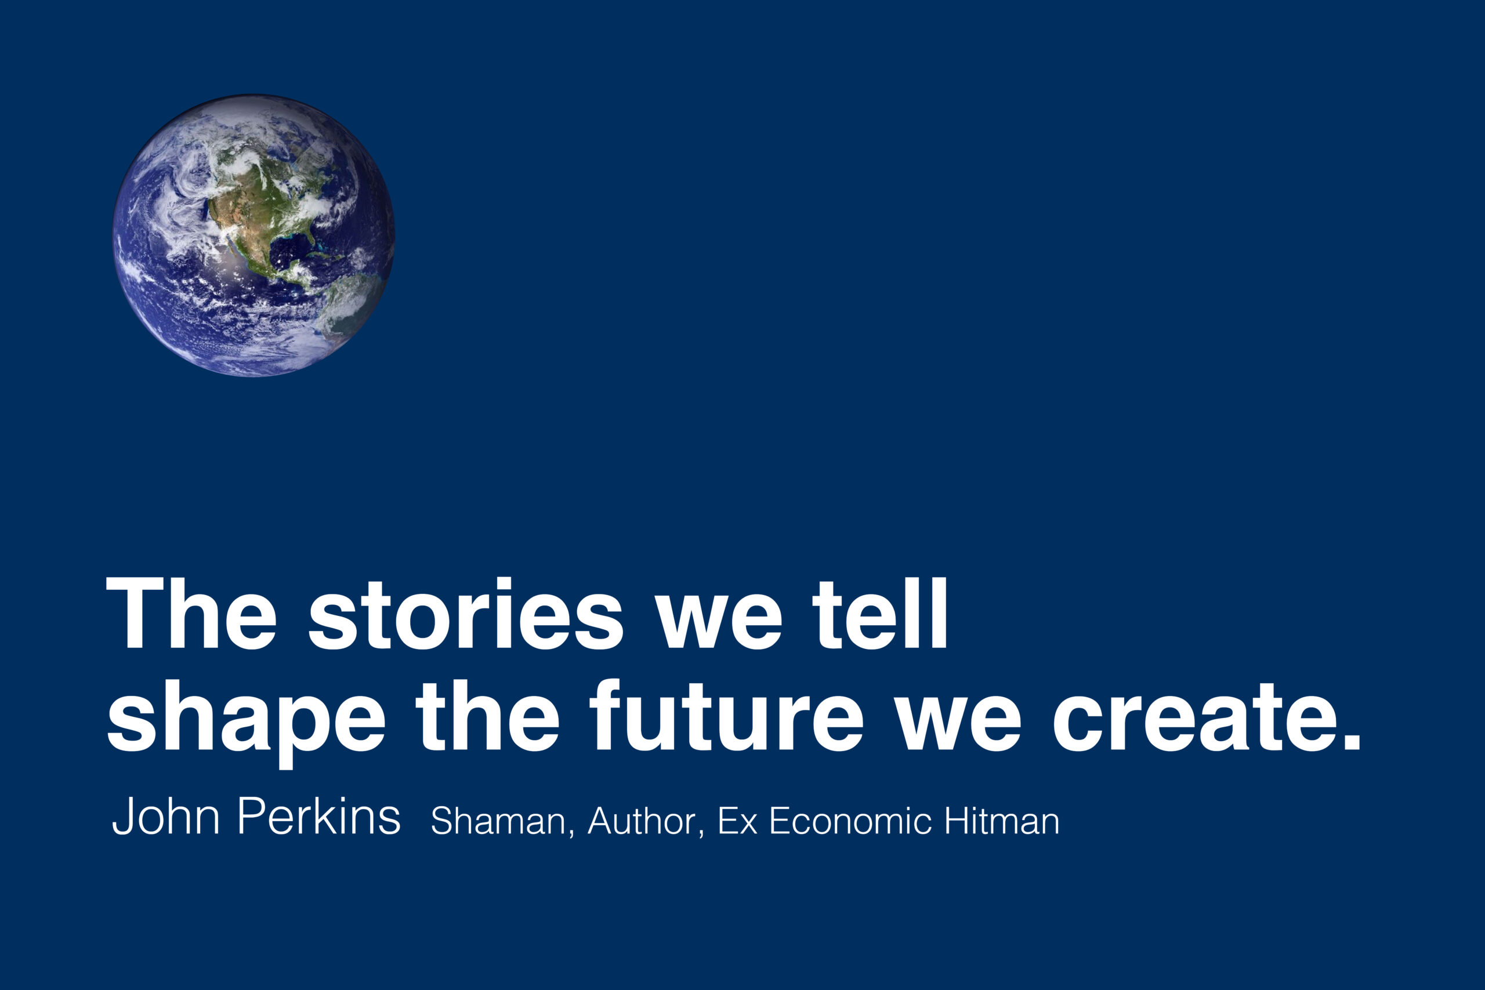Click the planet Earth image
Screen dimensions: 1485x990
[x=254, y=235]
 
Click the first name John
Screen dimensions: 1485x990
[x=166, y=816]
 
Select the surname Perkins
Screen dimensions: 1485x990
[x=320, y=816]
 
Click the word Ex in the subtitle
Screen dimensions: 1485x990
[x=737, y=821]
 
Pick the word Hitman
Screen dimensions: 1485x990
[x=1002, y=821]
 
